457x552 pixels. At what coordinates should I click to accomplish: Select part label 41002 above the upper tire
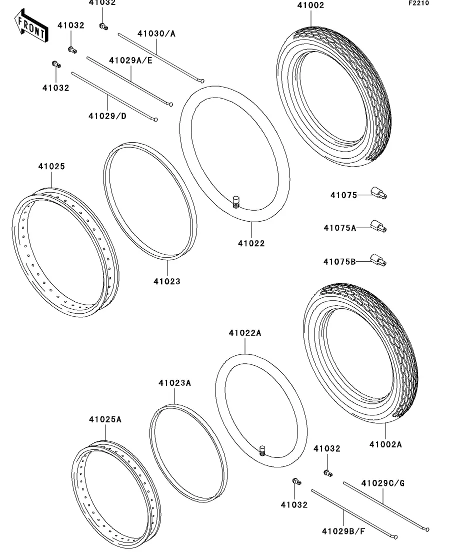310,6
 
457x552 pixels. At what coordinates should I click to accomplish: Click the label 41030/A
156,34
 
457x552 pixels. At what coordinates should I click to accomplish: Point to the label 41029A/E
131,60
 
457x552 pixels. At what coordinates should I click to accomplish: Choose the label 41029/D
107,116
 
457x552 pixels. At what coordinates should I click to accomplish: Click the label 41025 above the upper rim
51,167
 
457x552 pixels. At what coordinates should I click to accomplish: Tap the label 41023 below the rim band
167,281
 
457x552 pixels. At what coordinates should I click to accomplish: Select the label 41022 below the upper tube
251,244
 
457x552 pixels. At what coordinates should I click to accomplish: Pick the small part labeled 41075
379,192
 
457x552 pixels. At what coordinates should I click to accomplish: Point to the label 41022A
245,333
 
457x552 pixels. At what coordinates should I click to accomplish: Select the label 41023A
175,383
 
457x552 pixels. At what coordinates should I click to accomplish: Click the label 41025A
105,419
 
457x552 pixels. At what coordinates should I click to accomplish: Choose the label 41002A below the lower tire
385,444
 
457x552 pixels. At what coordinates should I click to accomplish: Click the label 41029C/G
383,483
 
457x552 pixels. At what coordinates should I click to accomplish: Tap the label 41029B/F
343,530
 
